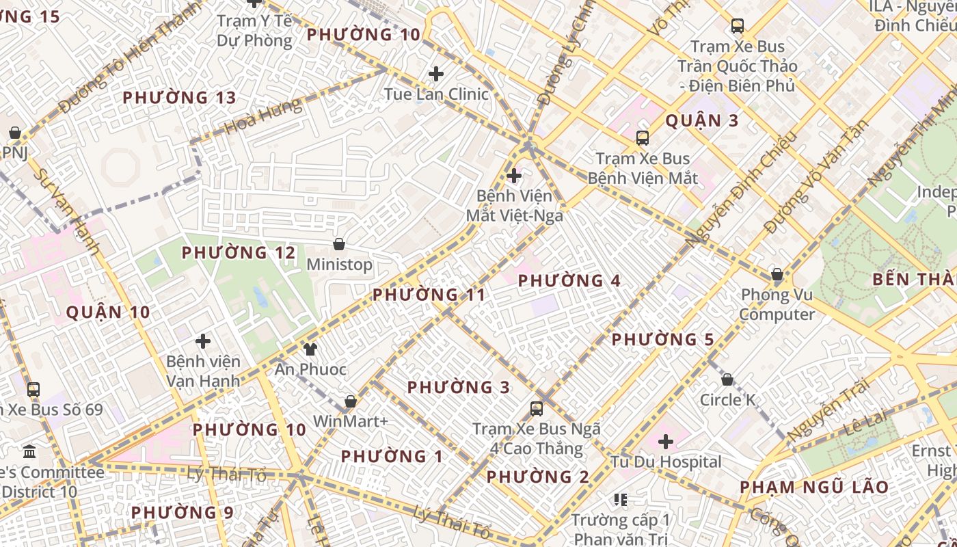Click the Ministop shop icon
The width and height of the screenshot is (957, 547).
pyautogui.click(x=338, y=244)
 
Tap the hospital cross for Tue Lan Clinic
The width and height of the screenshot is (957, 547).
pyautogui.click(x=435, y=74)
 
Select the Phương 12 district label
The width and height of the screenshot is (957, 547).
pyautogui.click(x=239, y=253)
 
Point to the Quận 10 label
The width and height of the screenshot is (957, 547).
pyautogui.click(x=108, y=313)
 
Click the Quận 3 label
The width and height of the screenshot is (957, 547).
pyautogui.click(x=702, y=121)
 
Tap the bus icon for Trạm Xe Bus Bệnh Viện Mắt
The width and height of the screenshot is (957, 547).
pyautogui.click(x=642, y=138)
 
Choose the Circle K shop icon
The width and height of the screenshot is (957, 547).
pyautogui.click(x=727, y=379)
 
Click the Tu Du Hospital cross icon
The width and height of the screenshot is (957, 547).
pyautogui.click(x=666, y=442)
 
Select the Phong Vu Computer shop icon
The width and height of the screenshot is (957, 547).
pyautogui.click(x=777, y=275)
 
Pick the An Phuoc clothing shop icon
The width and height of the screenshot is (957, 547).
pyautogui.click(x=310, y=349)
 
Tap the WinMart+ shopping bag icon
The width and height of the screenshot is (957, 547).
pyautogui.click(x=351, y=401)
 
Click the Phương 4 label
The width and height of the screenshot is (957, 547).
pyautogui.click(x=569, y=281)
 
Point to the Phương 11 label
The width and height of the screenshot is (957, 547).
pyautogui.click(x=429, y=295)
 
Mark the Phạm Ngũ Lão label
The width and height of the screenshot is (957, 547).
pyautogui.click(x=814, y=488)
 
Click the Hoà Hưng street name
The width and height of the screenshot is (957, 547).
pyautogui.click(x=262, y=117)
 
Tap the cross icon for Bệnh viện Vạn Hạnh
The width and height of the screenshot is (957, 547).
pyautogui.click(x=203, y=341)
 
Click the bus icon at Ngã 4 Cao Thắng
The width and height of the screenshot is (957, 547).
pyautogui.click(x=537, y=409)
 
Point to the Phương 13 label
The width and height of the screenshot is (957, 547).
pyautogui.click(x=179, y=98)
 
